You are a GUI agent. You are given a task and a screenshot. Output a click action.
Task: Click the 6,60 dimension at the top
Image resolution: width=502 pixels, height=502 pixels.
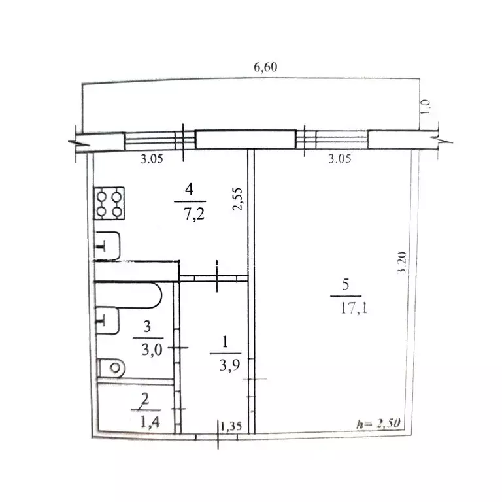pos(265,67)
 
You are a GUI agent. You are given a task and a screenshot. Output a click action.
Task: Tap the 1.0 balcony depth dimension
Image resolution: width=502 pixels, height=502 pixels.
pos(425,107)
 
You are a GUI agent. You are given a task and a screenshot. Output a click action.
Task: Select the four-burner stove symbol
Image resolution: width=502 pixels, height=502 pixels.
pos(110,203)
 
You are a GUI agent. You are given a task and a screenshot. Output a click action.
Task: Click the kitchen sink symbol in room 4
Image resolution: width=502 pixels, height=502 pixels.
pos(108,246)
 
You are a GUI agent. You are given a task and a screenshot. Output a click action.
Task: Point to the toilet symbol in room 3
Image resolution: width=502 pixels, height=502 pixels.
pos(111,367)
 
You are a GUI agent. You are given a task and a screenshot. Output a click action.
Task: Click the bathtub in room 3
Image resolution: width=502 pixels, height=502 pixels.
pos(128,295)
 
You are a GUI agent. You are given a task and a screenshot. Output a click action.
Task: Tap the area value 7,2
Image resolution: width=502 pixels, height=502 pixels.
pos(194,214)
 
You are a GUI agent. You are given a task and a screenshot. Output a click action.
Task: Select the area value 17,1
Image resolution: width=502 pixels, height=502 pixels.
pos(354,309)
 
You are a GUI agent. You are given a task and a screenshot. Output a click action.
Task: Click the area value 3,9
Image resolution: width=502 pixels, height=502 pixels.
pos(229,365)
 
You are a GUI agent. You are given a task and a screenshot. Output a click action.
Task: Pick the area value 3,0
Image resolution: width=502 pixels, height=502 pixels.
pos(152,350)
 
